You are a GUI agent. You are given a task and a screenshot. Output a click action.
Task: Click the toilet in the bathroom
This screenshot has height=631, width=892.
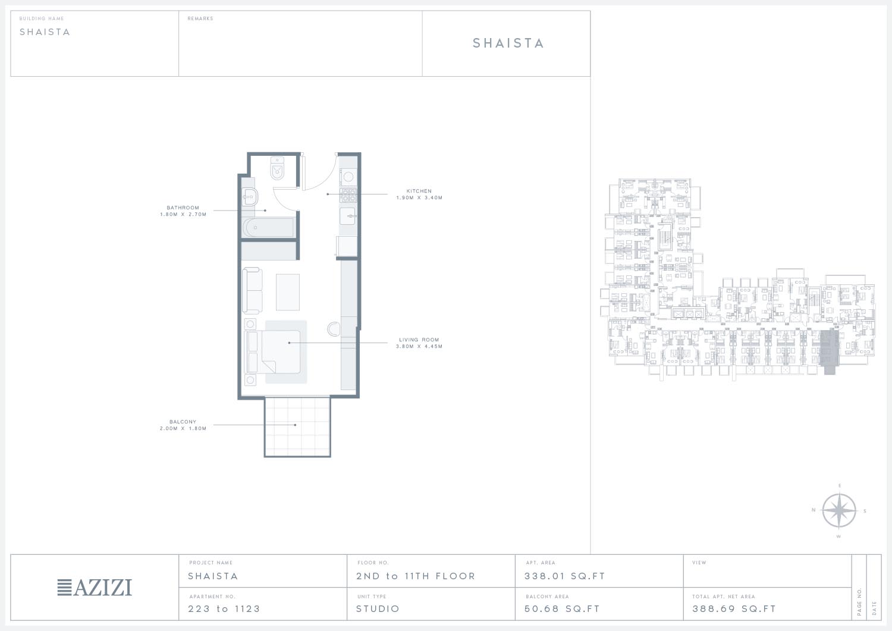tap(277, 168)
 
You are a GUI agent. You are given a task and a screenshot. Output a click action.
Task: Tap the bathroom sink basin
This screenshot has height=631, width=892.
tap(250, 197)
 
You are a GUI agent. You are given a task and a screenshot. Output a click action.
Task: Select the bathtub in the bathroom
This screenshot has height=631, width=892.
tap(268, 227)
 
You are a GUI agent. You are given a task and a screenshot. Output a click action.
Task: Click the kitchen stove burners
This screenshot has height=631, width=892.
tap(348, 195)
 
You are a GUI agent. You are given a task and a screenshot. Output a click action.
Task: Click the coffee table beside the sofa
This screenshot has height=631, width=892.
tap(287, 292)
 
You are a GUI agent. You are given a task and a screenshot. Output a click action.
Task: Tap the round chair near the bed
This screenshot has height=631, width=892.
tap(334, 329)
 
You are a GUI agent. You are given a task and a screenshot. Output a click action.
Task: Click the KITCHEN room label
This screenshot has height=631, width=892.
tap(419, 191)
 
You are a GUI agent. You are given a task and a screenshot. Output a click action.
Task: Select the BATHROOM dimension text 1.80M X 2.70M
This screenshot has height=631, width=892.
tap(183, 214)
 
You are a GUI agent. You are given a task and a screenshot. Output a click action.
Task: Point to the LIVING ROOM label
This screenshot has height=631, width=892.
tap(419, 340)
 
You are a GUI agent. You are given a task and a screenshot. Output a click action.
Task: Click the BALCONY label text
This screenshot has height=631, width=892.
tap(183, 422)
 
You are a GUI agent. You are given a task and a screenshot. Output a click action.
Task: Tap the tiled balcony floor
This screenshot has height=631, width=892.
tap(297, 426)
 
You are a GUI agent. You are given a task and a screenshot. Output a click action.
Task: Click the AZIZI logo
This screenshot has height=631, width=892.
tap(95, 587)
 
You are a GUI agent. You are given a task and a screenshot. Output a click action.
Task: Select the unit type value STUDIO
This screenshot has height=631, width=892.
tap(378, 608)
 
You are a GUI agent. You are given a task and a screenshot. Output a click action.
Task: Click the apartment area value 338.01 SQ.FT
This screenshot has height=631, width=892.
tap(565, 576)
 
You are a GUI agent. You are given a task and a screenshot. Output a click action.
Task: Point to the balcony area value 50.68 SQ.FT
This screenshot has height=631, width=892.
tap(562, 608)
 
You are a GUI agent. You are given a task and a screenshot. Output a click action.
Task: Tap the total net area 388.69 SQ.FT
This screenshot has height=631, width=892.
tap(734, 608)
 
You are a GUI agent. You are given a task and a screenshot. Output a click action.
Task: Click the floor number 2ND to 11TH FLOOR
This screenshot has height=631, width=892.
tap(415, 576)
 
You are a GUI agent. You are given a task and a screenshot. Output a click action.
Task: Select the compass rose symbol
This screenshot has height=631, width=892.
tap(838, 511)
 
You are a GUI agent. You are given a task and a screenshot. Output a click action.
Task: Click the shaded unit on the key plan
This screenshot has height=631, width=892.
tap(829, 351)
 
